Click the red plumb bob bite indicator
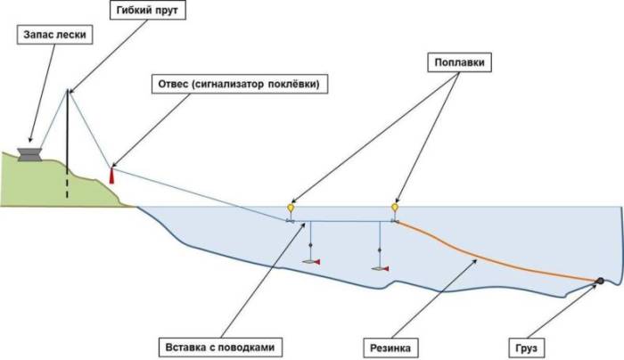pos(111,175)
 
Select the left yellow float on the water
pos(290,209)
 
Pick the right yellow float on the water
pos(394,209)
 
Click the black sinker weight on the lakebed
pos(599,282)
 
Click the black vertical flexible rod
pos(68,134)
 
